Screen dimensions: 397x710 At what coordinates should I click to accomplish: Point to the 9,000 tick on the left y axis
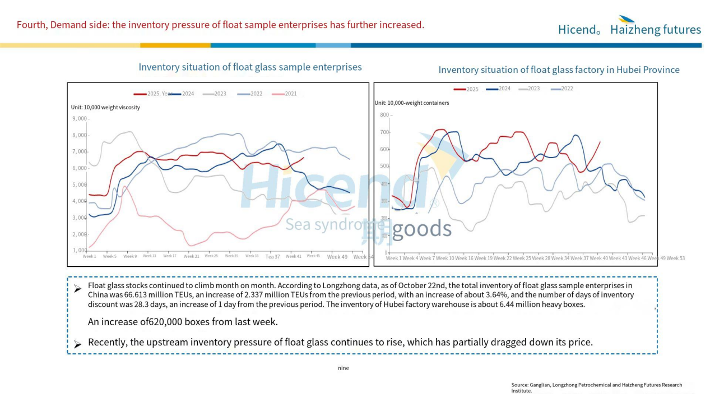pos(80,118)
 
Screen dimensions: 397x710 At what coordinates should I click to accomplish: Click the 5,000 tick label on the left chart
pos(80,184)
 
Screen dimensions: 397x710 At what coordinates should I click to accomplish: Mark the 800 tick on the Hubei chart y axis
pos(384,115)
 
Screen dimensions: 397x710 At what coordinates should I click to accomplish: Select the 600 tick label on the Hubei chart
pos(384,149)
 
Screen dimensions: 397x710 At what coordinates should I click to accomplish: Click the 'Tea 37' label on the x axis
pos(272,257)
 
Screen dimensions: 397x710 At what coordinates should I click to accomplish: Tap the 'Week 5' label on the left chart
pos(109,256)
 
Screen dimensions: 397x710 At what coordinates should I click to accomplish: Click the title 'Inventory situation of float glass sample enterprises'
pos(250,67)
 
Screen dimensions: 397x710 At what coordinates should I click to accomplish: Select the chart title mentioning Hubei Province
pos(559,70)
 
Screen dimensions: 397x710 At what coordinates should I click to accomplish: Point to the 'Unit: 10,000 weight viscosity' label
pos(105,107)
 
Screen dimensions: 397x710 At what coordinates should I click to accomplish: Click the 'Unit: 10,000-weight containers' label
pos(411,103)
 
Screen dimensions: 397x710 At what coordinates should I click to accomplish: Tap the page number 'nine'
pos(344,368)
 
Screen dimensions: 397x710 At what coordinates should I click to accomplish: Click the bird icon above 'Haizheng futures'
pos(627,19)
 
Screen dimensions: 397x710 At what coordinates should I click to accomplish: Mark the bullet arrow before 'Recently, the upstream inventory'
pos(77,343)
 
